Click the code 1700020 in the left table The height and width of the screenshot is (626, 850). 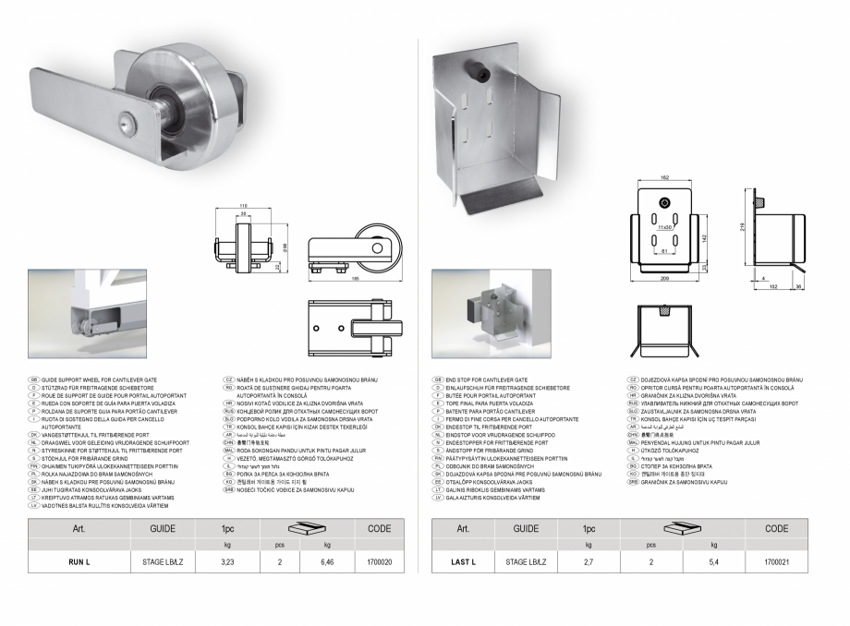380,560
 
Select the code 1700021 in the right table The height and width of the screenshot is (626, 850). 777,560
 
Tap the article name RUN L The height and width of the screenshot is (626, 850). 79,560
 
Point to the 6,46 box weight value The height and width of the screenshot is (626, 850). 326,560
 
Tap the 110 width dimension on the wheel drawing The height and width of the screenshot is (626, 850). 243,205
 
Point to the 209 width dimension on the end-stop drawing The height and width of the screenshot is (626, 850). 662,277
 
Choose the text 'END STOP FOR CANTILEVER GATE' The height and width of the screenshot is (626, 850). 487,379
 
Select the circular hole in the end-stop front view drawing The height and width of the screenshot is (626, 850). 662,203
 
